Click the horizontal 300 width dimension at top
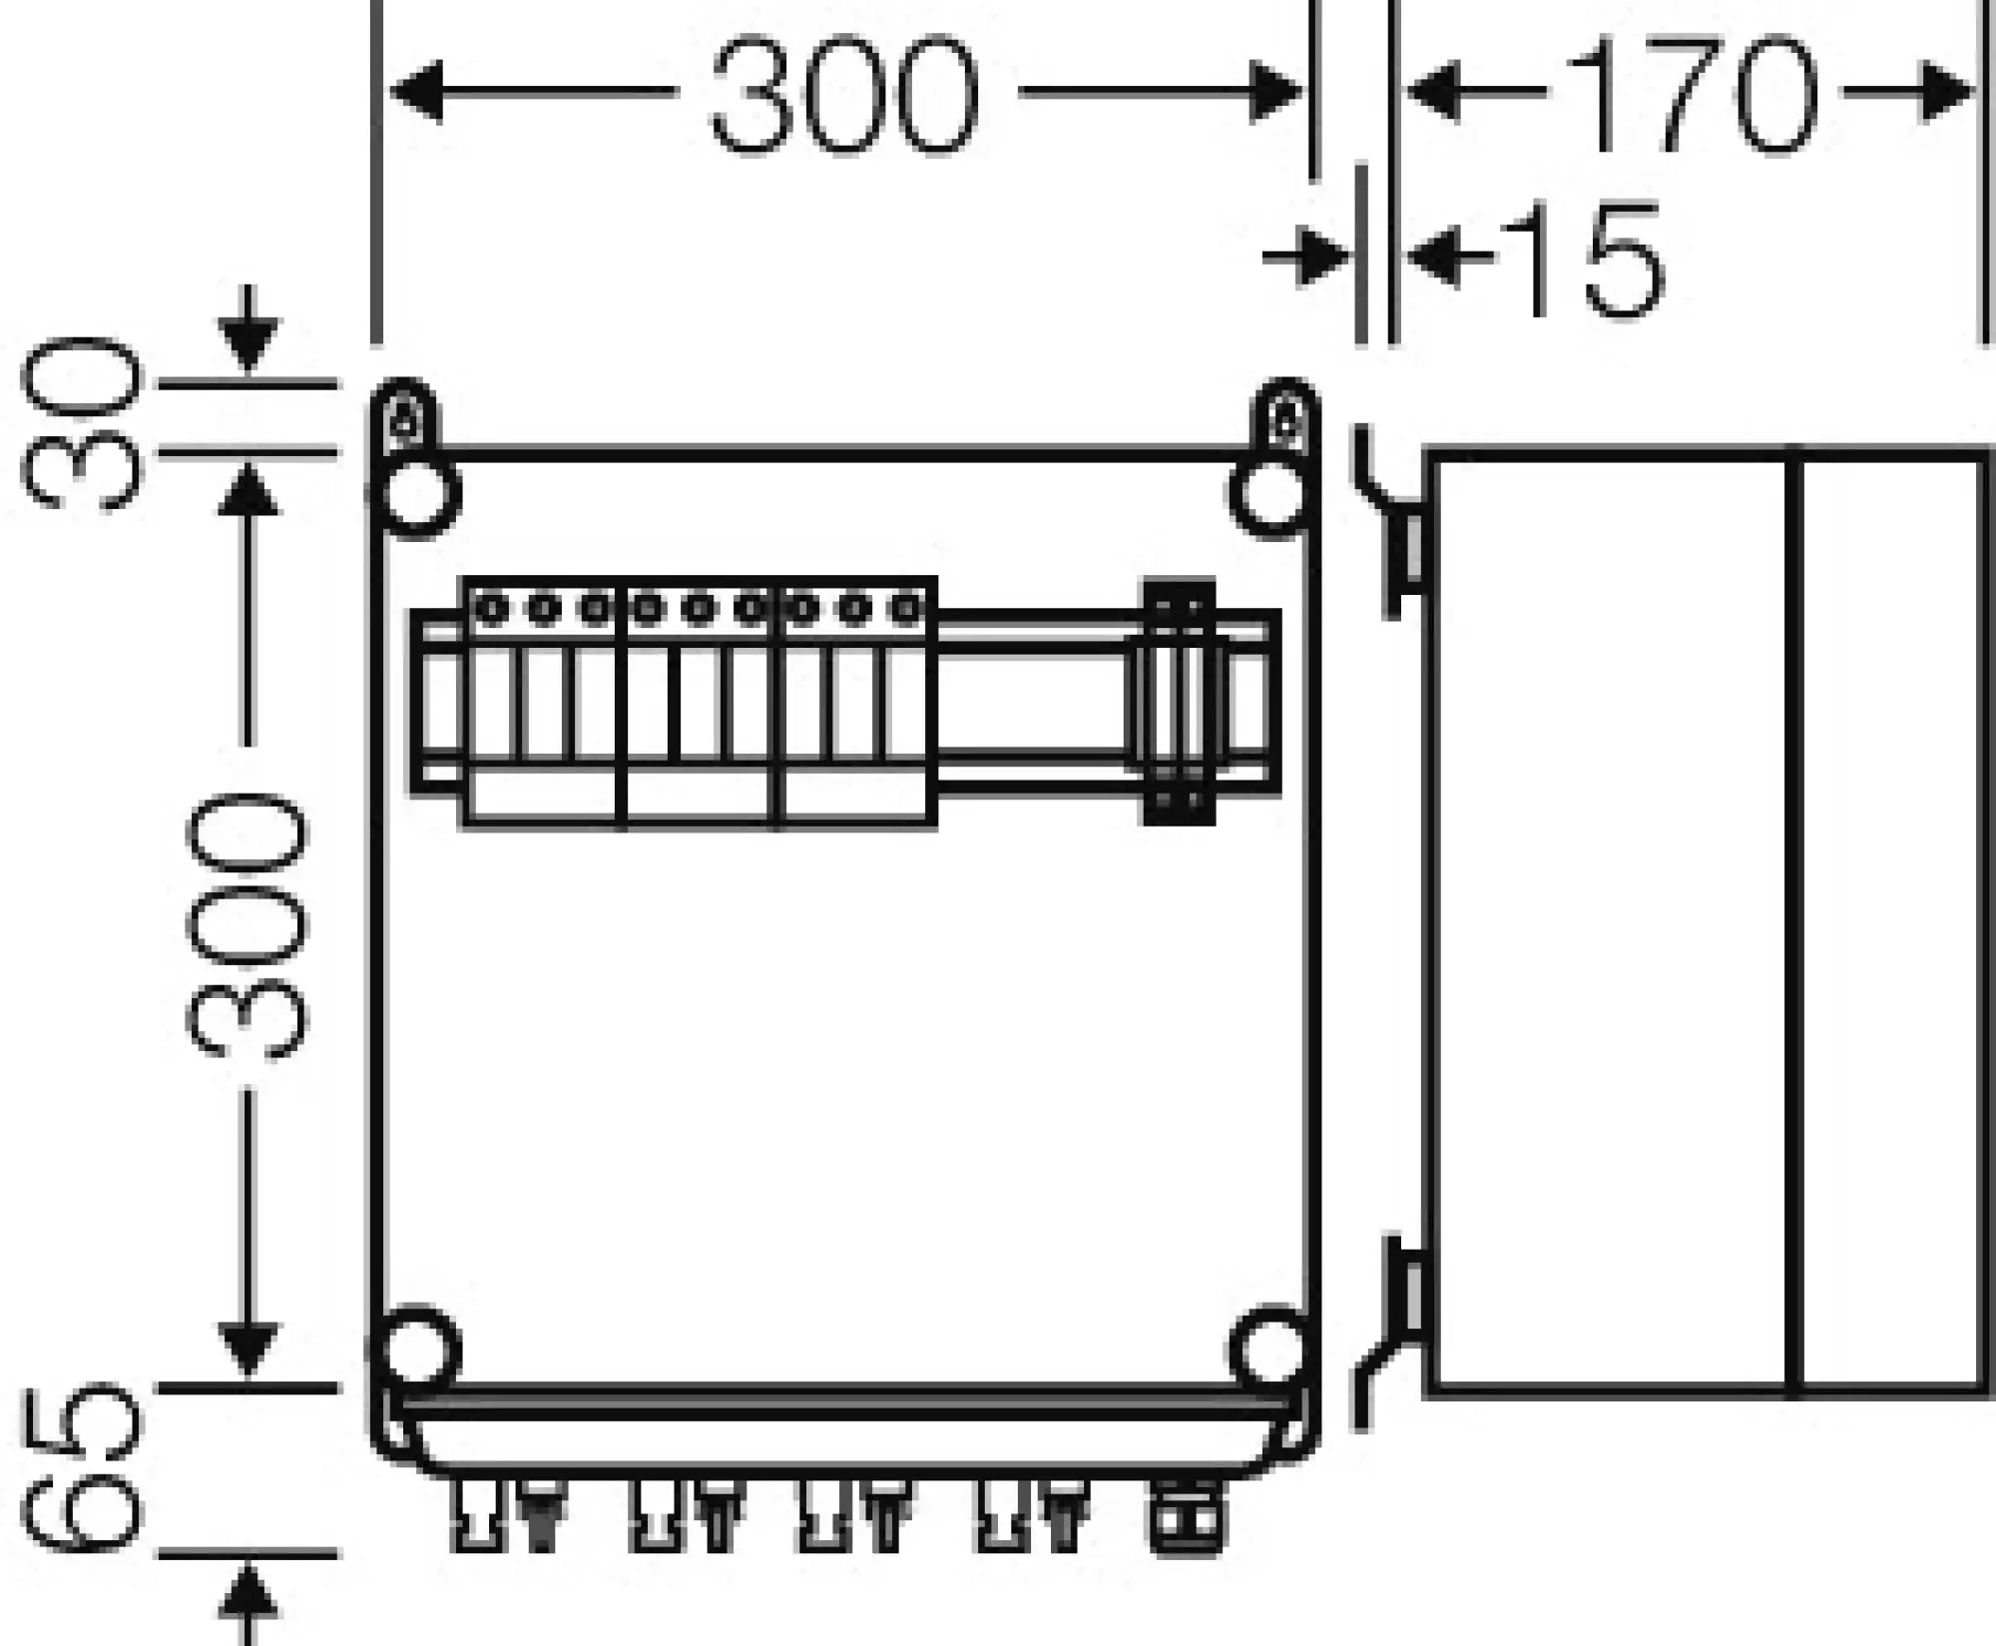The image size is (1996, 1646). (844, 93)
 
